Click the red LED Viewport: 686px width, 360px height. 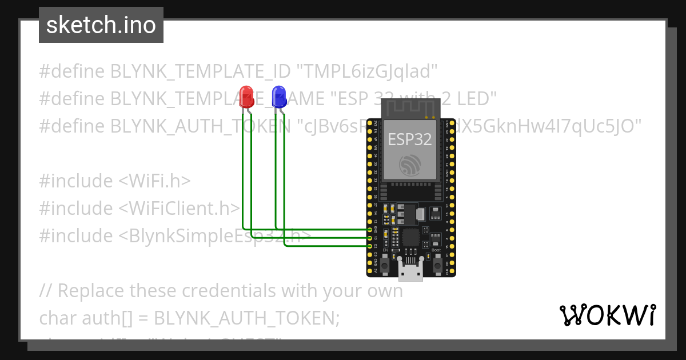click(246, 95)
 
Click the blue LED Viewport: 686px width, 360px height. click(279, 95)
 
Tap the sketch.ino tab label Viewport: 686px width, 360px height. click(101, 25)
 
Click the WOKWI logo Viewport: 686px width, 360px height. click(607, 315)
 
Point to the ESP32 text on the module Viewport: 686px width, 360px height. click(410, 139)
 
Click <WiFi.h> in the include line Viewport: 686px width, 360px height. click(154, 181)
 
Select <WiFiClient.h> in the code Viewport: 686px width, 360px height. click(179, 208)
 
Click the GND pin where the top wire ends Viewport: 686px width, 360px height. click(370, 229)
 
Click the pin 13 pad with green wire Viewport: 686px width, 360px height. click(370, 237)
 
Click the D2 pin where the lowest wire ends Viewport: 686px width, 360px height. click(370, 246)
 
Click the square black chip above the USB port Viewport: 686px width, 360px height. click(411, 237)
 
